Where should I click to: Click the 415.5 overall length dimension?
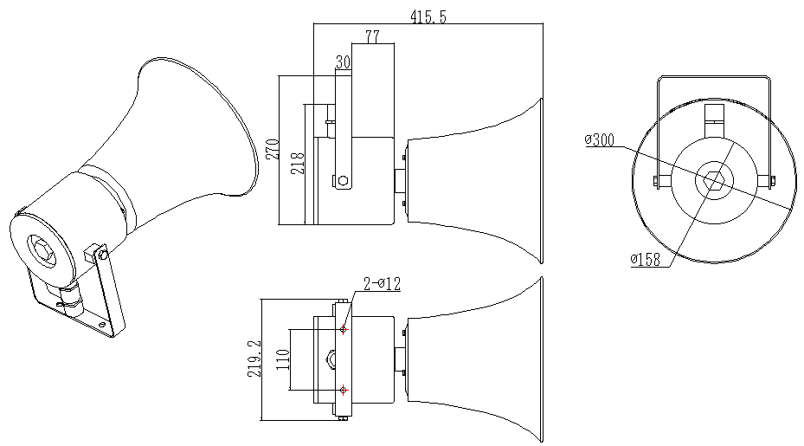pos(428,17)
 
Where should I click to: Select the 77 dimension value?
pos(373,37)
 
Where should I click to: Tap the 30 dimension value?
pos(343,62)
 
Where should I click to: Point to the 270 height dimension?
pos(273,149)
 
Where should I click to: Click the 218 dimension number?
pos(298,163)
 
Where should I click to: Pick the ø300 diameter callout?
pos(600,140)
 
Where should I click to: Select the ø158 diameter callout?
pos(646,259)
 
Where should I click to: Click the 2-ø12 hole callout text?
pos(382,284)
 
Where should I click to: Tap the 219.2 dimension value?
pos(254,359)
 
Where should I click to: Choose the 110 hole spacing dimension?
pos(283,359)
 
